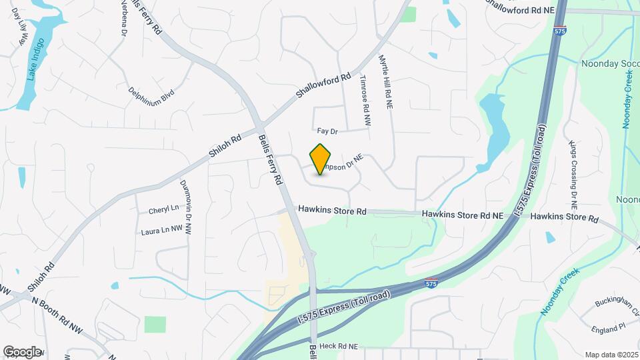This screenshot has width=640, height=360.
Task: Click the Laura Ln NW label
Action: point(162,231)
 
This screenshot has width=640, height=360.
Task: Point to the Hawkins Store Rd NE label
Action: point(463,215)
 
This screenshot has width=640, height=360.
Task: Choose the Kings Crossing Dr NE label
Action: point(573,173)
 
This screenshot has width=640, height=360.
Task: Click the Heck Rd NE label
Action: point(339,347)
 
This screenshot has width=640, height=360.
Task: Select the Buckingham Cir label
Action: point(614,305)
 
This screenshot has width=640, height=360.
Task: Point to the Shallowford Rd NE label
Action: point(520,8)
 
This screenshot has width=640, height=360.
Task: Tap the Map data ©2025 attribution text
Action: point(611,355)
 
